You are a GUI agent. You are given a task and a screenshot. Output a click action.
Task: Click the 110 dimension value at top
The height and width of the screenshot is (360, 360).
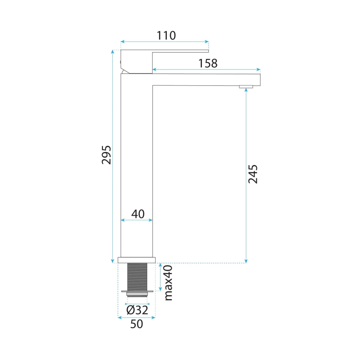tap(166, 36)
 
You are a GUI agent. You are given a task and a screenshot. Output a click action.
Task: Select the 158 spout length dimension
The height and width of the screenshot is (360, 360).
tap(208, 63)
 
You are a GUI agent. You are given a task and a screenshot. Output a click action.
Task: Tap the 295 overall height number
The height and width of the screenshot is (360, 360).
tap(106, 154)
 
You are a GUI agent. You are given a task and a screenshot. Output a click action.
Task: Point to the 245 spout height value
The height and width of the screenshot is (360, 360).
tap(253, 174)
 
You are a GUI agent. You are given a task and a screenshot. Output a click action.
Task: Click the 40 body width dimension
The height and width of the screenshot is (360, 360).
tap(137, 214)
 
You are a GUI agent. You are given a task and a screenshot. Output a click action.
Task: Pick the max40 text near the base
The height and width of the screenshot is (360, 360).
tap(168, 283)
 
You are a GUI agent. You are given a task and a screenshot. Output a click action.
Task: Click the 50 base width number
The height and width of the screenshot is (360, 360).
tap(136, 324)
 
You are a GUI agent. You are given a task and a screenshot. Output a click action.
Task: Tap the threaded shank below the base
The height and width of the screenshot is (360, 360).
tap(137, 276)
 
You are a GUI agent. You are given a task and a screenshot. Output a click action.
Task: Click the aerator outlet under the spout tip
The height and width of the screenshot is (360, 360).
tap(246, 87)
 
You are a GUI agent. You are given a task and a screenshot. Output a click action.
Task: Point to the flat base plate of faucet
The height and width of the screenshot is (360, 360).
tap(136, 260)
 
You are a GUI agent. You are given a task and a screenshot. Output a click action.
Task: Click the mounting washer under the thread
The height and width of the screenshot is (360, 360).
tap(137, 292)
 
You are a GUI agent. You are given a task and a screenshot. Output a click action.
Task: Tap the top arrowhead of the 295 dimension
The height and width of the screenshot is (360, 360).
tap(113, 51)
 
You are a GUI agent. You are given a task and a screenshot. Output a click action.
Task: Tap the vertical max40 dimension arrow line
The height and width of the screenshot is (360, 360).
tap(160, 277)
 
